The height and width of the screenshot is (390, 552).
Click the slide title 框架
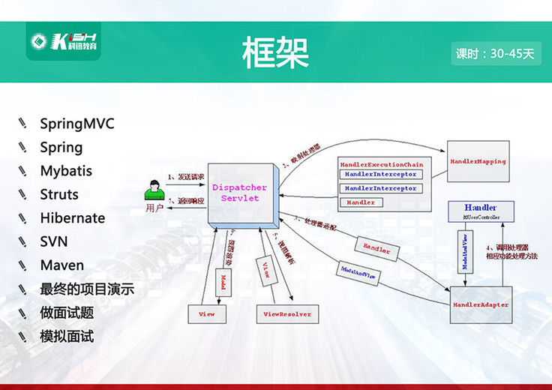pyautogui.click(x=275, y=52)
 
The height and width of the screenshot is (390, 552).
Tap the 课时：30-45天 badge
pyautogui.click(x=496, y=54)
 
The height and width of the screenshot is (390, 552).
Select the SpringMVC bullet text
pyautogui.click(x=77, y=124)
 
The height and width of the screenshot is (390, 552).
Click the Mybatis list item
pyautogui.click(x=66, y=171)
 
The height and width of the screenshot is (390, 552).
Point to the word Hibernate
pyautogui.click(x=73, y=218)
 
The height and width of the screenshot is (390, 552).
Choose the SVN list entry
pyautogui.click(x=54, y=241)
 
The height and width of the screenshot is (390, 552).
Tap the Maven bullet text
pyautogui.click(x=62, y=265)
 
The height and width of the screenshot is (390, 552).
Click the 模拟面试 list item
pyautogui.click(x=67, y=336)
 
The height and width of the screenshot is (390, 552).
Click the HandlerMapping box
pyautogui.click(x=478, y=162)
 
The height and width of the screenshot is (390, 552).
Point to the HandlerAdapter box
pyautogui.click(x=481, y=305)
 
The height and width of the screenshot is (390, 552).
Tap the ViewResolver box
pyautogui.click(x=287, y=313)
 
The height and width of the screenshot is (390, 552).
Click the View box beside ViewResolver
pyautogui.click(x=206, y=313)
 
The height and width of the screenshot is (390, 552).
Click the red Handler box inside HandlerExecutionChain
pyautogui.click(x=361, y=202)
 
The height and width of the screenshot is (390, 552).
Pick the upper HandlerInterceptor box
pyautogui.click(x=380, y=174)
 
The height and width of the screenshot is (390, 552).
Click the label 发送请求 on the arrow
pyautogui.click(x=186, y=177)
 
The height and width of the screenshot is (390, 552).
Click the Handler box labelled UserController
pyautogui.click(x=480, y=211)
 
